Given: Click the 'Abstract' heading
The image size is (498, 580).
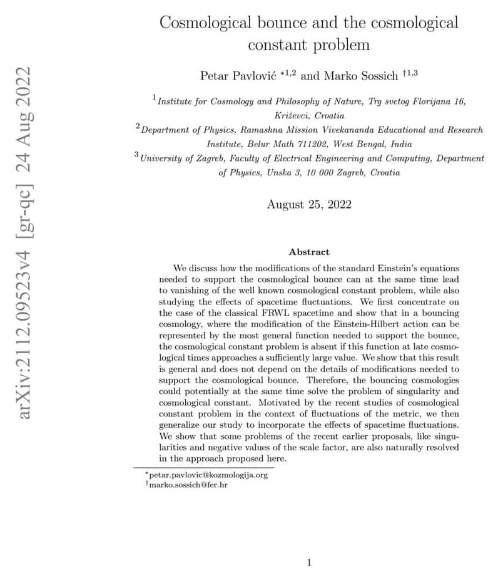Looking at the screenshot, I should [309, 252].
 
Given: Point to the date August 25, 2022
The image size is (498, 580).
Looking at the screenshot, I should [309, 204].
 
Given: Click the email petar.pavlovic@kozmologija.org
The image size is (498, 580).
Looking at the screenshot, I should [208, 475].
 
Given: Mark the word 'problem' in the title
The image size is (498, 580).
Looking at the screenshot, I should [339, 45].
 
